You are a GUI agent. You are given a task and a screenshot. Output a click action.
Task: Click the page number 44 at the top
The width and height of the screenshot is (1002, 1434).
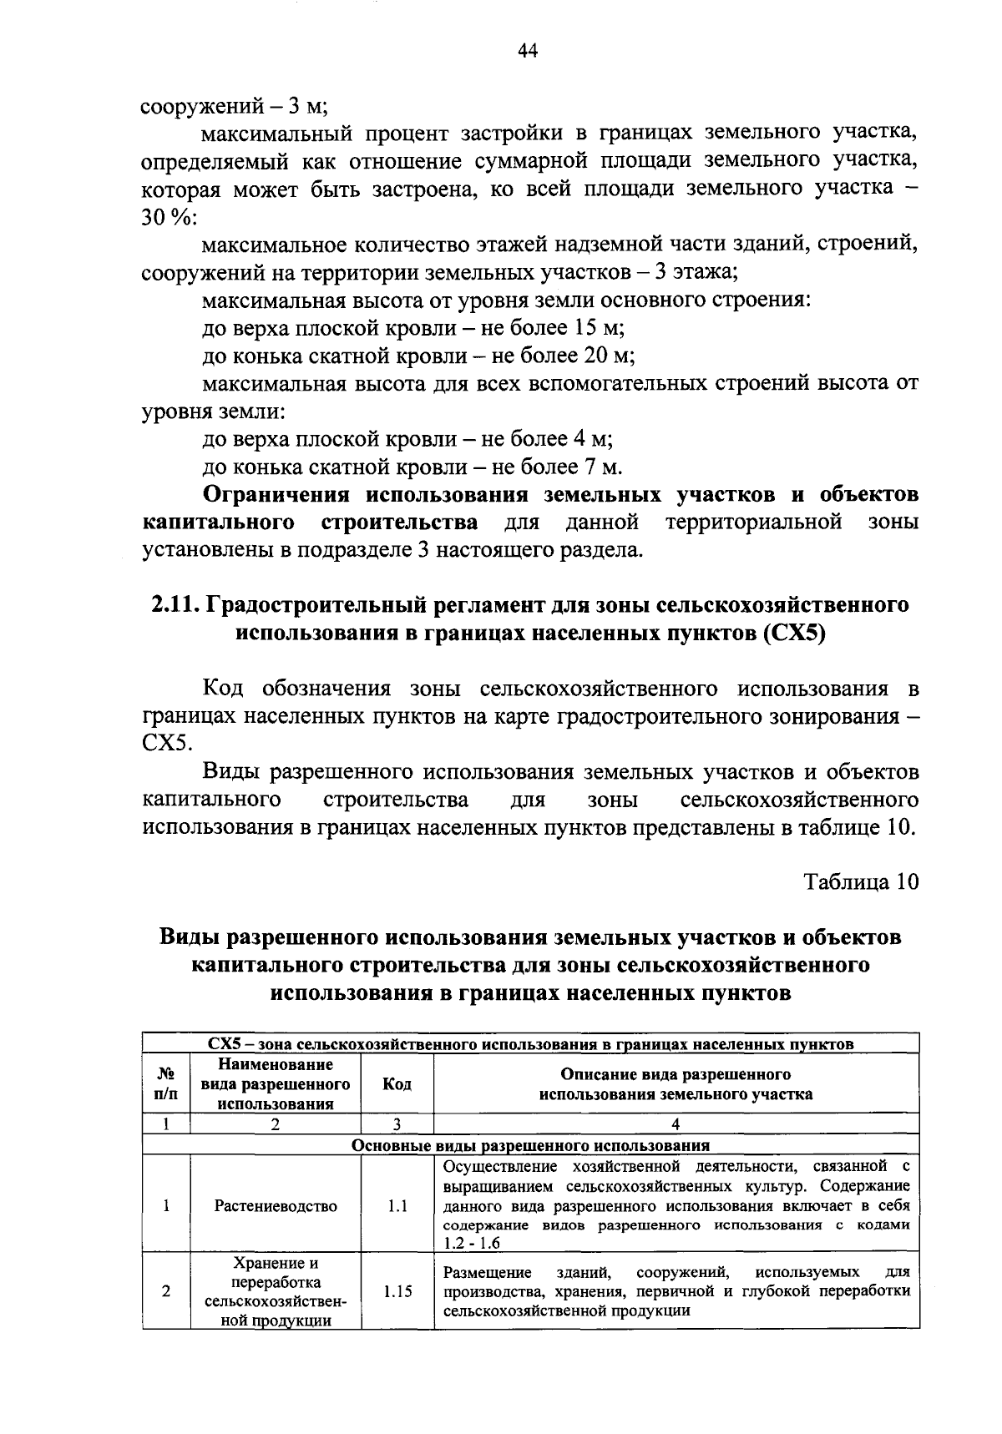tap(526, 51)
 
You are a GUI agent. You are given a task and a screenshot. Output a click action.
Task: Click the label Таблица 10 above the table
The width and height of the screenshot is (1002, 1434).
tap(861, 881)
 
